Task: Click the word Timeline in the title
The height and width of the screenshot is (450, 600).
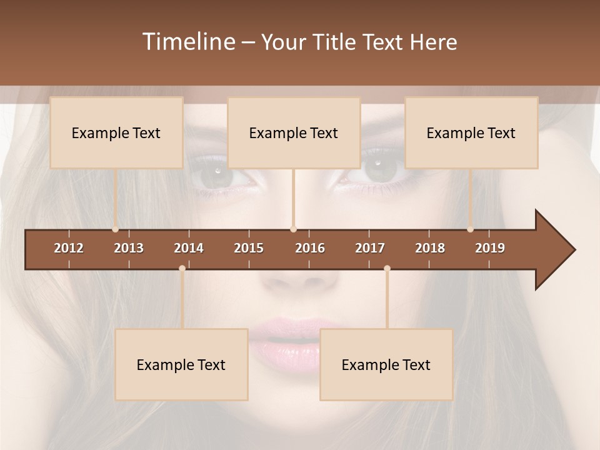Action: click(x=189, y=42)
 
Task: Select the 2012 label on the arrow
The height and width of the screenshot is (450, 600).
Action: click(x=69, y=248)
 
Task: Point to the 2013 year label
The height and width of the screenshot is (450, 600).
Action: click(x=129, y=248)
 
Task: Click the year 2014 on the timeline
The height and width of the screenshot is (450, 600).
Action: click(x=189, y=248)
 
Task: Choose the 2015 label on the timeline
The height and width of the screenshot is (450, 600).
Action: click(x=249, y=248)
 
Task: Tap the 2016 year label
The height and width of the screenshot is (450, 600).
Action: click(x=310, y=248)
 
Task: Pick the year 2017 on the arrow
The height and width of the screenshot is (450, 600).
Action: click(x=370, y=248)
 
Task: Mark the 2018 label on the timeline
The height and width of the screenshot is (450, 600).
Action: click(x=430, y=248)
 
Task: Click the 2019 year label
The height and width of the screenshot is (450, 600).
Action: click(x=490, y=248)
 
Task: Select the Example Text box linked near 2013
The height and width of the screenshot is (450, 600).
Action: click(x=116, y=132)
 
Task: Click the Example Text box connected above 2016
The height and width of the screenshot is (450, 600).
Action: click(x=294, y=132)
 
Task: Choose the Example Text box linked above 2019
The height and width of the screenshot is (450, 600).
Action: click(x=471, y=132)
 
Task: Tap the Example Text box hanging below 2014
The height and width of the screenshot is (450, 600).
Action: click(x=181, y=364)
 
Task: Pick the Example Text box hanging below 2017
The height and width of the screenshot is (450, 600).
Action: click(x=386, y=364)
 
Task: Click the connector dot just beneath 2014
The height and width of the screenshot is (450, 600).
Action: click(x=182, y=269)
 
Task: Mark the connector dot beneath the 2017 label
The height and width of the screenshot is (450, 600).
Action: click(x=387, y=269)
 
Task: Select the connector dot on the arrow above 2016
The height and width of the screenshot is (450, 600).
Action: click(x=293, y=229)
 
